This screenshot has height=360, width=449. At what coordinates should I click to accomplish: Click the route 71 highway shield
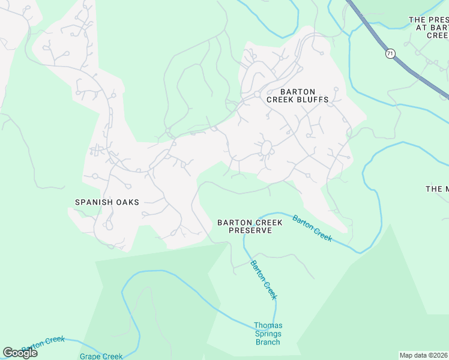(x=391, y=54)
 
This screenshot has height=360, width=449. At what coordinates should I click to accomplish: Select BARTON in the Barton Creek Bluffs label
(x=297, y=92)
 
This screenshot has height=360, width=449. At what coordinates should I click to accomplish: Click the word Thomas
(x=268, y=325)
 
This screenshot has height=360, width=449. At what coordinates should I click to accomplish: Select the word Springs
(x=268, y=334)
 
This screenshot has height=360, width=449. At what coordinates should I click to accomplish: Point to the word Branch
(x=268, y=342)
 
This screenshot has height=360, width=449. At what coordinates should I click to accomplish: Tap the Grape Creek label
(x=101, y=356)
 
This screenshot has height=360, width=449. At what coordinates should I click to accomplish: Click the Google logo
(x=20, y=353)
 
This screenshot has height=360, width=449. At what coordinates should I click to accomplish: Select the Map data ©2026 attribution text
(x=424, y=355)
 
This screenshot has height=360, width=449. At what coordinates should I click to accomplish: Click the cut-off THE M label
(x=437, y=189)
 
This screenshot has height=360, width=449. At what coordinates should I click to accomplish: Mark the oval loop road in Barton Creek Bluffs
(x=266, y=147)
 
